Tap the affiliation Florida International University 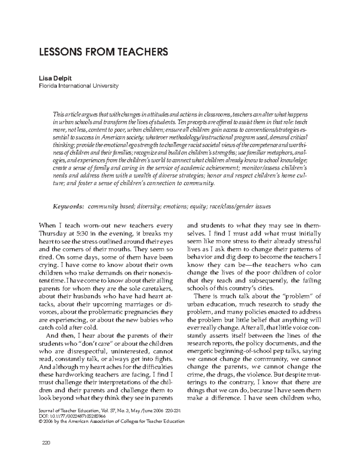click(79, 86)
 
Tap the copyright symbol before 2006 click(41, 421)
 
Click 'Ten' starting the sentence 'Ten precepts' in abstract click(181, 122)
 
